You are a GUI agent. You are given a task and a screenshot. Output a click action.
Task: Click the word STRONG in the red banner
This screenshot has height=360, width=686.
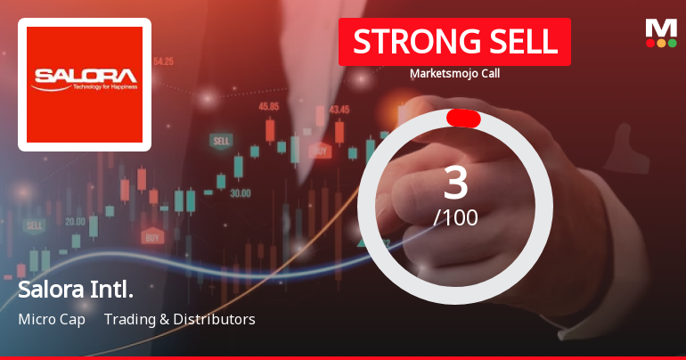(x=406, y=41)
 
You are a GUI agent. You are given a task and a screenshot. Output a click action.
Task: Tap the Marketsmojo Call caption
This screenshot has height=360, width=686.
(x=454, y=74)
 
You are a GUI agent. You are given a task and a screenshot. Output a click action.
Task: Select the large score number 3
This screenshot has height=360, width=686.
(x=455, y=183)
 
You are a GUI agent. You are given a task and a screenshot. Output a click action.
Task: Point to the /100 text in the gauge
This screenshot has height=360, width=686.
(x=455, y=217)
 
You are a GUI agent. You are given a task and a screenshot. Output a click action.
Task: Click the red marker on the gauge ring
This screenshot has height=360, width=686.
(x=463, y=119)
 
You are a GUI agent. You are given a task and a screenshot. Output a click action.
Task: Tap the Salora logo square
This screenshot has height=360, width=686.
(x=85, y=85)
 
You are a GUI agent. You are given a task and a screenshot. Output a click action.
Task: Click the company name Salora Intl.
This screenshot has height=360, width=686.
(x=76, y=290)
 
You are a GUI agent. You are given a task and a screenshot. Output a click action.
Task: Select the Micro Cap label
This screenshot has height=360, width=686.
(x=52, y=319)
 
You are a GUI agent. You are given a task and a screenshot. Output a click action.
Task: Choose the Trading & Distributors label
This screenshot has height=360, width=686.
(x=179, y=319)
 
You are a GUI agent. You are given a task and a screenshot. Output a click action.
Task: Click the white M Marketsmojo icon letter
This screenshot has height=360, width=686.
(x=661, y=28)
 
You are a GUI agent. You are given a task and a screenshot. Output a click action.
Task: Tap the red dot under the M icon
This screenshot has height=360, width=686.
(x=650, y=43)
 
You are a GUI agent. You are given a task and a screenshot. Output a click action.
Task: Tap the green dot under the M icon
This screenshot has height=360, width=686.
(x=673, y=43)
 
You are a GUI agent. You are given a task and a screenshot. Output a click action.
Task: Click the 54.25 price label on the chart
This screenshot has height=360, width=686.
(x=163, y=61)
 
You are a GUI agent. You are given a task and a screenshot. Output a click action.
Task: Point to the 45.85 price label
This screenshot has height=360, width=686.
(x=268, y=106)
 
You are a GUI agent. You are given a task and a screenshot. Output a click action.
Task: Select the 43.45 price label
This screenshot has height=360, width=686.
(x=339, y=110)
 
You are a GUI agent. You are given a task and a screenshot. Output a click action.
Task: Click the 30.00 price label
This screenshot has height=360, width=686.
(x=240, y=192)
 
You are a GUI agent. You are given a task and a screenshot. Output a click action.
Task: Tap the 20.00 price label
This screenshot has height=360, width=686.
(x=75, y=221)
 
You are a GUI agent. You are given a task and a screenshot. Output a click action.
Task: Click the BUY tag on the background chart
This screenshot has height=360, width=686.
(x=152, y=237)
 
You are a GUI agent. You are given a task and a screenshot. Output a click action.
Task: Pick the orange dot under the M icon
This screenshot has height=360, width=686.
(x=661, y=43)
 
